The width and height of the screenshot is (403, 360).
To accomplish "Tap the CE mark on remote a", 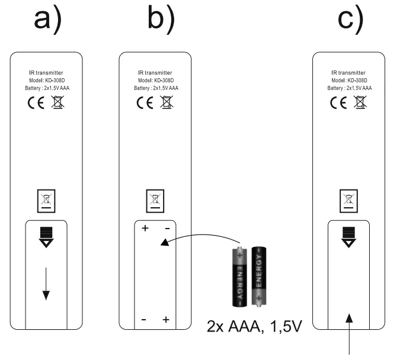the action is pyautogui.click(x=36, y=102).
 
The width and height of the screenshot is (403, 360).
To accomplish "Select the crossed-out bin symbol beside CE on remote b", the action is pyautogui.click(x=167, y=102).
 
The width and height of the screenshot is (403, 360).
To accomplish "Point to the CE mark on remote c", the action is pyautogui.click(x=338, y=102).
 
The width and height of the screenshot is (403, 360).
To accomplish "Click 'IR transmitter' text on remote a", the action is pyautogui.click(x=46, y=73).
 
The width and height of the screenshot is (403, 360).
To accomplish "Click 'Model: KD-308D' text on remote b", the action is pyautogui.click(x=156, y=81).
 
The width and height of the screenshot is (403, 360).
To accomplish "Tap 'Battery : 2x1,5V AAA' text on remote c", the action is pyautogui.click(x=349, y=88).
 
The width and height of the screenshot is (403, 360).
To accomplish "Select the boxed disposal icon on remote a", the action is pyautogui.click(x=46, y=201).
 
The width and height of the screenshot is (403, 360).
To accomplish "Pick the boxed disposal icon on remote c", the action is pyautogui.click(x=348, y=201).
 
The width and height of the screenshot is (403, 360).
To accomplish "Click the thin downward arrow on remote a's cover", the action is pyautogui.click(x=46, y=284).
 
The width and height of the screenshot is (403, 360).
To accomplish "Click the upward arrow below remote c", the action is pyautogui.click(x=348, y=334).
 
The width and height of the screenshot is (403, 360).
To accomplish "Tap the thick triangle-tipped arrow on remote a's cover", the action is pyautogui.click(x=46, y=237).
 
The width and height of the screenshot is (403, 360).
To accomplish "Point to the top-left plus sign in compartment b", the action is pyautogui.click(x=145, y=228).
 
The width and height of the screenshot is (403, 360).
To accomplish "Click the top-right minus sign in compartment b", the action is pyautogui.click(x=167, y=229).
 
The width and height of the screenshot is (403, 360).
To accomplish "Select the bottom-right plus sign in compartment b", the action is pyautogui.click(x=166, y=320).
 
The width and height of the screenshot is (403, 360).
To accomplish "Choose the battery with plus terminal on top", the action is pyautogui.click(x=239, y=277).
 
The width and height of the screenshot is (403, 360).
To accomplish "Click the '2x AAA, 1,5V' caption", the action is pyautogui.click(x=254, y=327).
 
